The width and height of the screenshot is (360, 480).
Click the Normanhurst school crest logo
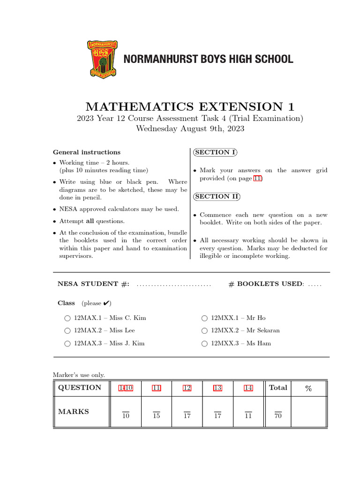pos(102,59)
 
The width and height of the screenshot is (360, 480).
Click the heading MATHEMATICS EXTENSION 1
pos(180,106)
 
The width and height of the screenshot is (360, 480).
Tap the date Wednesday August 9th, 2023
pos(190,128)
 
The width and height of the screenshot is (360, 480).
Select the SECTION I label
pos(215,152)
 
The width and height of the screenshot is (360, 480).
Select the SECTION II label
pos(217,196)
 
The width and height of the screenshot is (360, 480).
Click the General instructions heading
pos(87,152)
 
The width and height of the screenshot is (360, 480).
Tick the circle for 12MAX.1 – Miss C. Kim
pos(68,318)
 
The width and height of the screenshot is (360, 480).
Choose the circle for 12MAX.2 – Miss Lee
pos(68,331)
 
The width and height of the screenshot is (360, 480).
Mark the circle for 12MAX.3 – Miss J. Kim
pos(68,344)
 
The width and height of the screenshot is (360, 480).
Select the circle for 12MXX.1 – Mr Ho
pos(204,318)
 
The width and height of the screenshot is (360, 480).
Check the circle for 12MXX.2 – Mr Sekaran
pos(204,331)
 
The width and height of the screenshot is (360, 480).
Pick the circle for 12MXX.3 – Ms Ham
pos(204,344)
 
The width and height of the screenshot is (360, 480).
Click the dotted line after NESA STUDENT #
pos(173,285)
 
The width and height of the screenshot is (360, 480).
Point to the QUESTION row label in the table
pos(79,388)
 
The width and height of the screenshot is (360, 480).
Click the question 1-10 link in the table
pos(126,388)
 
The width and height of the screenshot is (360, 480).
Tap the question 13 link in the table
pos(217,388)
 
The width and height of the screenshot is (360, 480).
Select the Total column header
pos(278,388)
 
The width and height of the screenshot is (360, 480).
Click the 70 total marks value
pos(278,415)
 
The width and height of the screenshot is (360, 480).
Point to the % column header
pos(308,388)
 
